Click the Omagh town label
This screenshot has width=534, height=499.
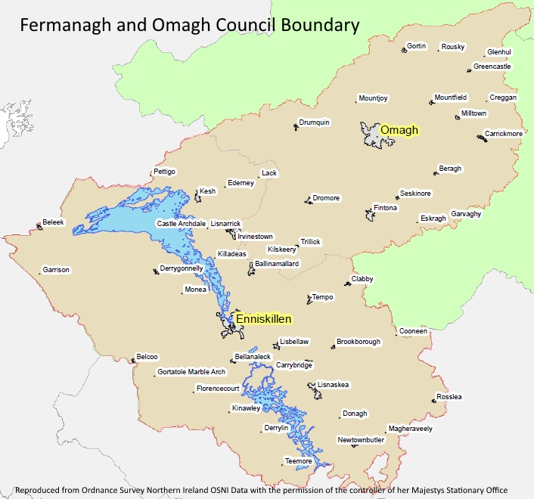tap(399, 130)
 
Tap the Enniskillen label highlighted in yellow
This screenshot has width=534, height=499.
tap(263, 319)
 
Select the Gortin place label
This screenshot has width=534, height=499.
tap(417, 46)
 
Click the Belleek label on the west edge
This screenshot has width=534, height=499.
tap(54, 223)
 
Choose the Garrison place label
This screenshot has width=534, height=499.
tap(56, 270)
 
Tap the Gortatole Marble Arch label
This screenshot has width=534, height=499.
tap(191, 372)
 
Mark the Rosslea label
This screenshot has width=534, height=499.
tap(449, 397)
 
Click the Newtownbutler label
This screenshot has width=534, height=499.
tap(362, 440)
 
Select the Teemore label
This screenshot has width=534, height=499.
tap(298, 460)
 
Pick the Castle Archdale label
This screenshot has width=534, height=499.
tap(182, 224)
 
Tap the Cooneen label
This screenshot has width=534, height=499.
tap(414, 331)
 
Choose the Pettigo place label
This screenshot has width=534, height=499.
tap(164, 172)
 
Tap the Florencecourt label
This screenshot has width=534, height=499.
tap(218, 389)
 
